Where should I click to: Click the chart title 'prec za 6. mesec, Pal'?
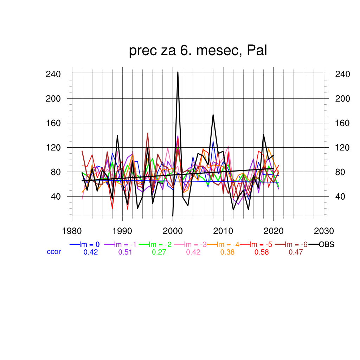point(198,51)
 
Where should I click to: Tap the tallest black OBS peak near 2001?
point(178,72)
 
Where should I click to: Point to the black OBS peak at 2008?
point(213,115)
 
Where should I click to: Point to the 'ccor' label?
point(54,252)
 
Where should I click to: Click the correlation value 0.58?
point(261,252)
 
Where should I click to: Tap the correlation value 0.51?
point(125,252)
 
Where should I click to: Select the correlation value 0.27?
point(159,252)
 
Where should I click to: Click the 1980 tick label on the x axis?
point(72,231)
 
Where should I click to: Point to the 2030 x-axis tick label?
point(324,231)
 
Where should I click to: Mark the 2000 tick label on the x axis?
point(173,231)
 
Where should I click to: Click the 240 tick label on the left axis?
point(53,74)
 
